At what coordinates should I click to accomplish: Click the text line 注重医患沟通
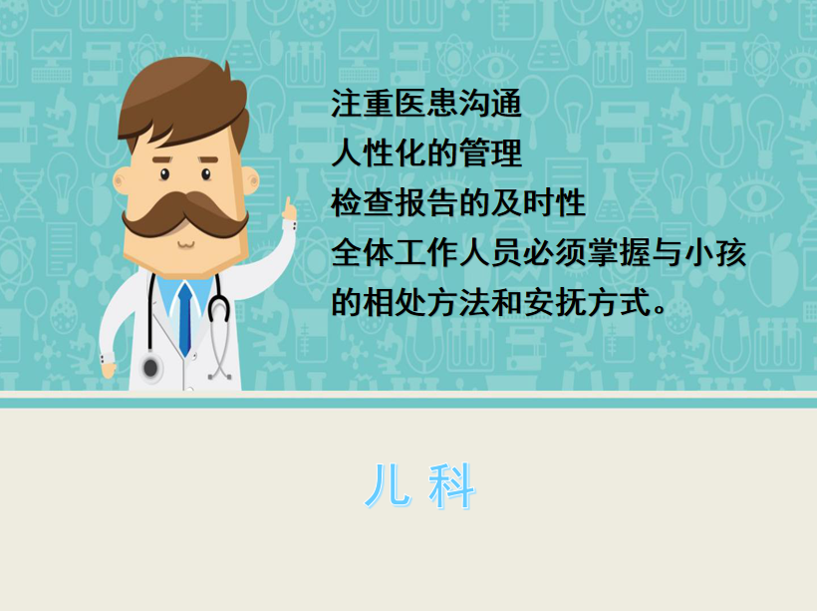point(426,104)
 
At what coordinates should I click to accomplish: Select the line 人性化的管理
point(426,153)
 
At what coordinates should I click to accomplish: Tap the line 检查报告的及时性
point(458,202)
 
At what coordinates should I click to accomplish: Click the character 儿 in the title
point(388,485)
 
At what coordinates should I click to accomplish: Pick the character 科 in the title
point(451,486)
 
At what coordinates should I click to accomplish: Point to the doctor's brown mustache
point(184,213)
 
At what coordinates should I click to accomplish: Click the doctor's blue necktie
point(185,319)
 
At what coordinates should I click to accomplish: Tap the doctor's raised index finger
point(287,206)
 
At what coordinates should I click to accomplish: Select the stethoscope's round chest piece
point(150,368)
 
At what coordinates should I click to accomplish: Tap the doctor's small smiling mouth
point(185,244)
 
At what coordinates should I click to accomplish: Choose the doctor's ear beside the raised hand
point(251,180)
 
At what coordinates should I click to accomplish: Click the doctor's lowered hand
point(108,368)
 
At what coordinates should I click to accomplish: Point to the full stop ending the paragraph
point(660,310)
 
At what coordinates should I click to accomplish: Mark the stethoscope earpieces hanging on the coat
point(220,375)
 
